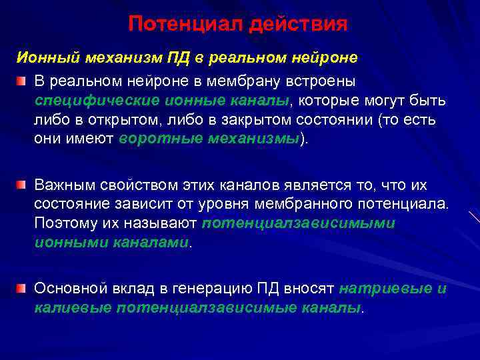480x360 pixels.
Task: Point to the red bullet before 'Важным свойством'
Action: pyautogui.click(x=22, y=183)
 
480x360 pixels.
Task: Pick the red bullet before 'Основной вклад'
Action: pyautogui.click(x=22, y=288)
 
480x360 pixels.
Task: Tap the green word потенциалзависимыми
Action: pyautogui.click(x=298, y=222)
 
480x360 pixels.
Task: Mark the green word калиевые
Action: pyautogui.click(x=71, y=308)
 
